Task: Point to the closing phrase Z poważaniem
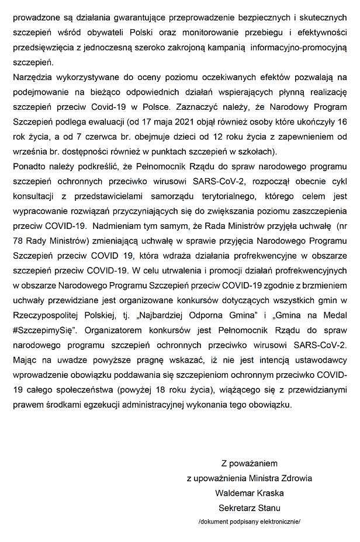pos(250,464)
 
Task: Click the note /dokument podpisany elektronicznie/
pos(250,521)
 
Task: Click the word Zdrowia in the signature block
pos(297,478)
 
